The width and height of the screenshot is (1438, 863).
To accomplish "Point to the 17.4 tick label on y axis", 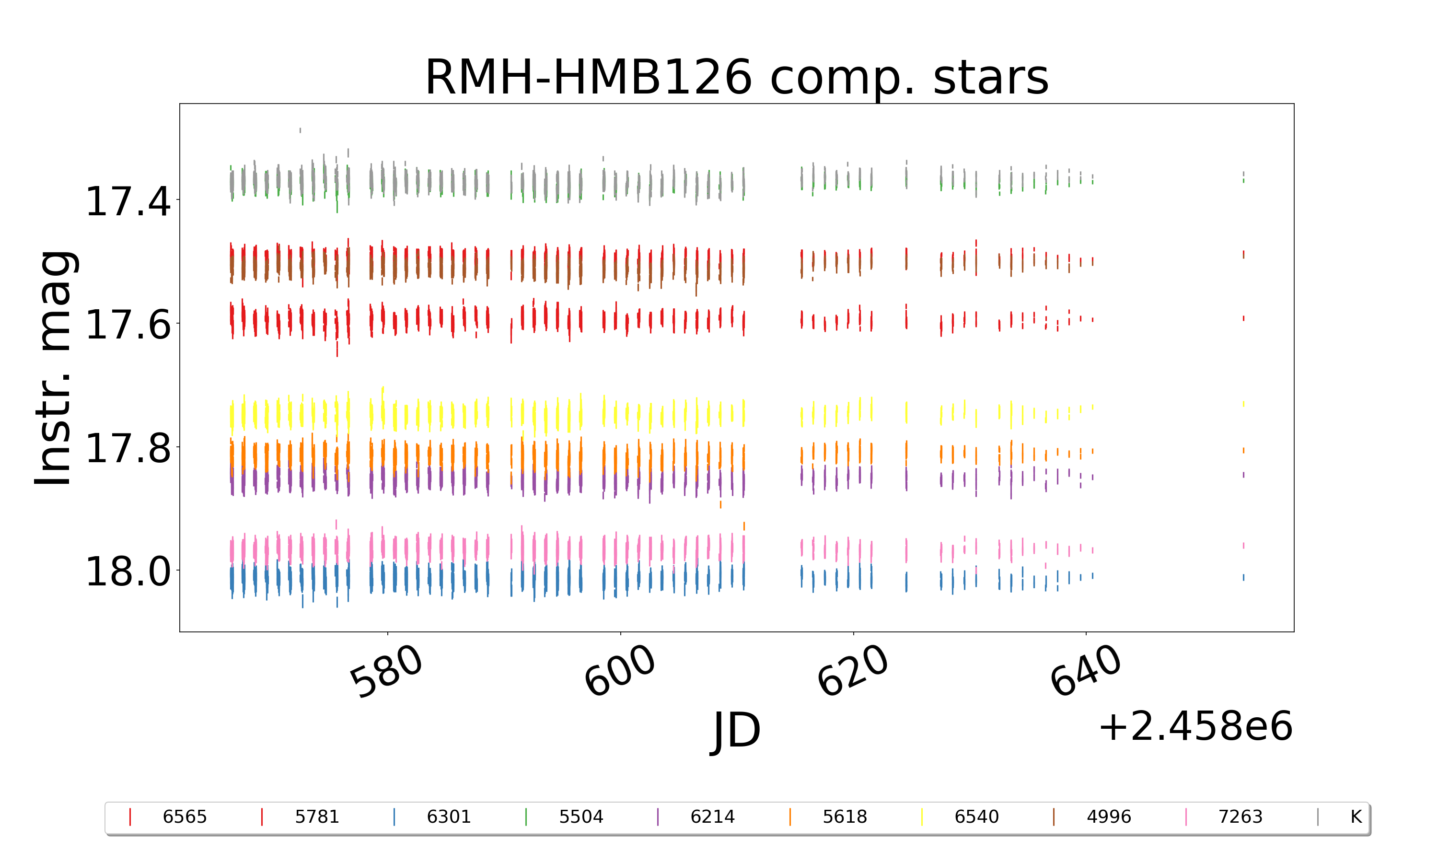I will pyautogui.click(x=128, y=202).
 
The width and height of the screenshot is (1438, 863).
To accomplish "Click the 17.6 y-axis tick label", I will pyautogui.click(x=128, y=325).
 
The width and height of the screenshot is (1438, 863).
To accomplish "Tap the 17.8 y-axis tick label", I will pyautogui.click(x=128, y=448).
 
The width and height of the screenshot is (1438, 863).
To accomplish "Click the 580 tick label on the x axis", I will pyautogui.click(x=386, y=671).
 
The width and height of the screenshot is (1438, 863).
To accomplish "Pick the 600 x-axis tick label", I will pyautogui.click(x=620, y=671).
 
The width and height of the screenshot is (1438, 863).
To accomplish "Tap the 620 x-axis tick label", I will pyautogui.click(x=853, y=671).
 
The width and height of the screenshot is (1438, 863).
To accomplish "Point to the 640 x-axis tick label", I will pyautogui.click(x=1085, y=671).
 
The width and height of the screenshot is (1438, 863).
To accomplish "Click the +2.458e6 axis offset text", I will pyautogui.click(x=1195, y=726).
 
